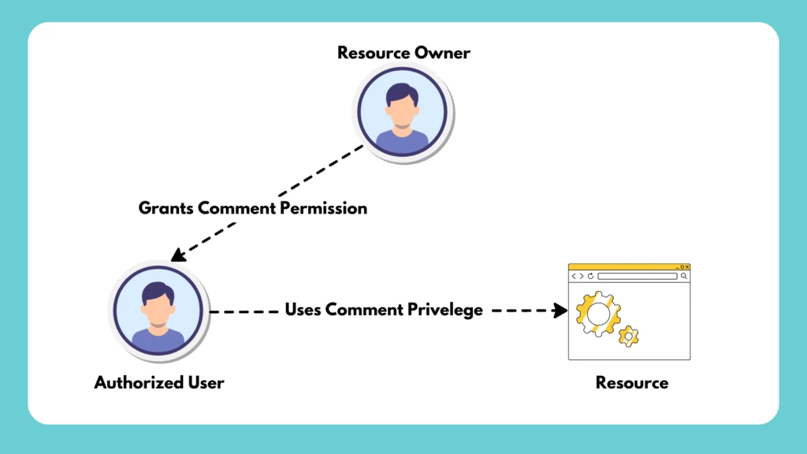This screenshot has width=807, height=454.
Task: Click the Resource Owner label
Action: (403, 54)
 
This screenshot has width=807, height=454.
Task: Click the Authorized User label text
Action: (159, 383)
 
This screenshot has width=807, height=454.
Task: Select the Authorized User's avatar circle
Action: (158, 311)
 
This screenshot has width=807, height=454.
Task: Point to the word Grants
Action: (166, 209)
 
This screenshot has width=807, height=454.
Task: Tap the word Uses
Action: (303, 310)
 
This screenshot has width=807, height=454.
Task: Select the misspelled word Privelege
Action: (445, 310)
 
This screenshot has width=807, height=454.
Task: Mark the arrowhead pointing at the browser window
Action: (560, 311)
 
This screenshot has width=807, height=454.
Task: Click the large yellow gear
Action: (597, 314)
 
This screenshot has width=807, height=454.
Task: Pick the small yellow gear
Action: (628, 336)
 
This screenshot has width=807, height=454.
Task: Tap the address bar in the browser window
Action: (637, 277)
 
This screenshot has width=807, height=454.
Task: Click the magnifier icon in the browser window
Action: (683, 277)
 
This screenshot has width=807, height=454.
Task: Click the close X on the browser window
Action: (686, 267)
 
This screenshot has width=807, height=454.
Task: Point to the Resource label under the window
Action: (632, 383)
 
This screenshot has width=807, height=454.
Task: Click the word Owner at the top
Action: (443, 54)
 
